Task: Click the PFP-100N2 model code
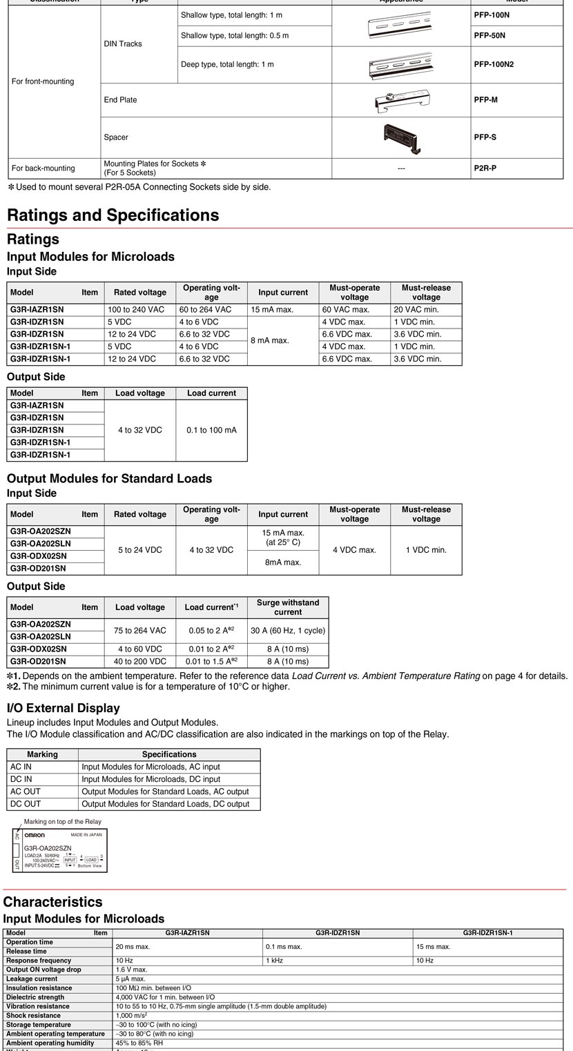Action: click(494, 65)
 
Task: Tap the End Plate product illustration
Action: click(401, 100)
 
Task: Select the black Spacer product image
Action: click(401, 137)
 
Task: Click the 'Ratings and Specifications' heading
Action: click(113, 215)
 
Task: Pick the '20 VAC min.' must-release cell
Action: click(416, 310)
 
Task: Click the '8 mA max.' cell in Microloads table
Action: click(270, 340)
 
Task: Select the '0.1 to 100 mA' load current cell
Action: click(211, 430)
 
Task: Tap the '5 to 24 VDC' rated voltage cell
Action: click(139, 550)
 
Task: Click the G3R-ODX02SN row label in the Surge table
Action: click(39, 649)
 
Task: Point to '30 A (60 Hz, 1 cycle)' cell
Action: click(287, 631)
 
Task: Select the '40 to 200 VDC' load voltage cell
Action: click(139, 661)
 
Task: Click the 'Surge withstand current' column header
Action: click(287, 607)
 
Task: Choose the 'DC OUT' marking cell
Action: click(26, 804)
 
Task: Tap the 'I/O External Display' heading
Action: click(64, 708)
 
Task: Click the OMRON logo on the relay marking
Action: click(35, 835)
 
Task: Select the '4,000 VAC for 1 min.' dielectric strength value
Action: click(165, 997)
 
